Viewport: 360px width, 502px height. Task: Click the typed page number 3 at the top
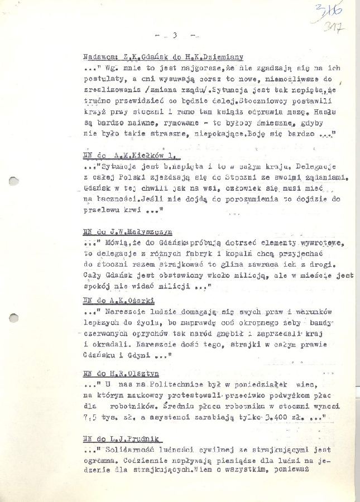tap(175, 36)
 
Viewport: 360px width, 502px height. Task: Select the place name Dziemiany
tap(223, 57)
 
